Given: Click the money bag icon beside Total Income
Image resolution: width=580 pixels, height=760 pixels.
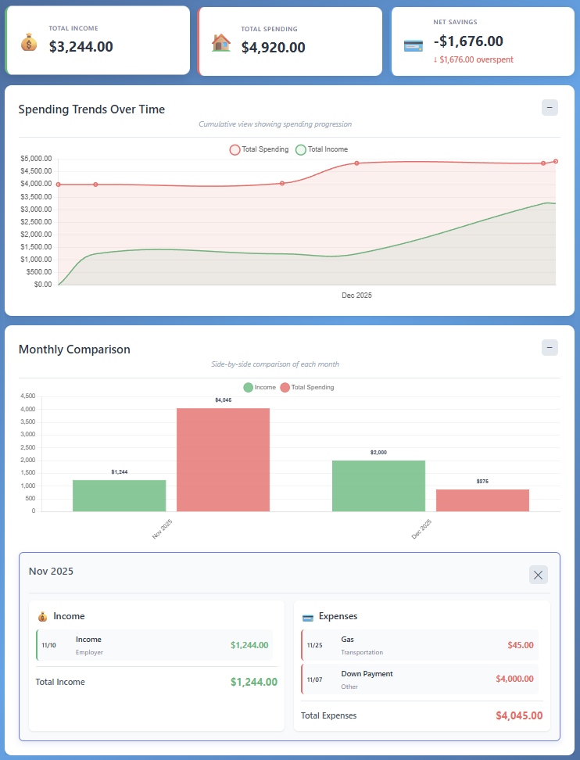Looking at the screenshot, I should pyautogui.click(x=29, y=41).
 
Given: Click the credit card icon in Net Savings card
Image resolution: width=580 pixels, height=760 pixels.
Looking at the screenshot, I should pyautogui.click(x=414, y=45).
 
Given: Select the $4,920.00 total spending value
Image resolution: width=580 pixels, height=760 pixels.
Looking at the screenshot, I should pyautogui.click(x=273, y=47).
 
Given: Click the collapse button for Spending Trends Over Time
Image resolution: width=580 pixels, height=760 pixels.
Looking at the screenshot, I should pyautogui.click(x=550, y=108).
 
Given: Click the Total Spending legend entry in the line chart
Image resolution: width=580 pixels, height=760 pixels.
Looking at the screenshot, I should pyautogui.click(x=259, y=149).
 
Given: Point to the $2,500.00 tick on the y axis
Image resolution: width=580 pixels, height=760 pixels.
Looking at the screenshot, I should pyautogui.click(x=36, y=222).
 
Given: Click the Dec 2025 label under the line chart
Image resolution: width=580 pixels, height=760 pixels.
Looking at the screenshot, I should pyautogui.click(x=356, y=296).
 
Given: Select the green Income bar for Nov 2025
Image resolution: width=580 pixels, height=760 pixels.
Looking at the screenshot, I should pyautogui.click(x=120, y=496).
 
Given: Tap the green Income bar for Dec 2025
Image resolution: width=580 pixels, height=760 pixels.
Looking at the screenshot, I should pyautogui.click(x=378, y=486).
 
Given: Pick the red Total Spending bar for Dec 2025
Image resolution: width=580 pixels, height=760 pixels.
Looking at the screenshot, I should pyautogui.click(x=482, y=500).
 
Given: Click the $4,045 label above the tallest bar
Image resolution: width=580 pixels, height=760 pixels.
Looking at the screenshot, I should pyautogui.click(x=223, y=400).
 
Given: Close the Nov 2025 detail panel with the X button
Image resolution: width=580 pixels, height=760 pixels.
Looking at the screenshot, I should pyautogui.click(x=538, y=575).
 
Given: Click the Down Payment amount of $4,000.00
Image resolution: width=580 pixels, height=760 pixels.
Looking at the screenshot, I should pyautogui.click(x=514, y=679).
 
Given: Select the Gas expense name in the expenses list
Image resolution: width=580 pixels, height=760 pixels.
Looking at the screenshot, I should pyautogui.click(x=348, y=640).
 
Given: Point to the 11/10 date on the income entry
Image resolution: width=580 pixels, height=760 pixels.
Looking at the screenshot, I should pyautogui.click(x=48, y=646).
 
